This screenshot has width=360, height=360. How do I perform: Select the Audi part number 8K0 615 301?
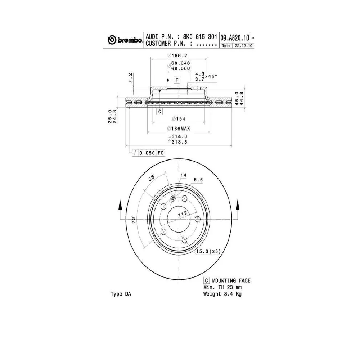(x=200, y=37)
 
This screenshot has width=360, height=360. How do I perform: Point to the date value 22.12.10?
(x=243, y=46)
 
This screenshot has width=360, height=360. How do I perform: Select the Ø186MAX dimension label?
(x=179, y=129)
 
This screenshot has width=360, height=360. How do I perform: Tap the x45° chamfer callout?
(x=211, y=76)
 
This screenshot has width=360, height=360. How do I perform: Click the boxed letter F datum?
(x=177, y=80)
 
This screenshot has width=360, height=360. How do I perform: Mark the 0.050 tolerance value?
(x=147, y=153)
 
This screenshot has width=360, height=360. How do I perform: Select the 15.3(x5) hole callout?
(x=208, y=251)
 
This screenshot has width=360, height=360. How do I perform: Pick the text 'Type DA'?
(x=121, y=294)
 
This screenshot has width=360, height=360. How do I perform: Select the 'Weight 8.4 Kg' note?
(x=222, y=294)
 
